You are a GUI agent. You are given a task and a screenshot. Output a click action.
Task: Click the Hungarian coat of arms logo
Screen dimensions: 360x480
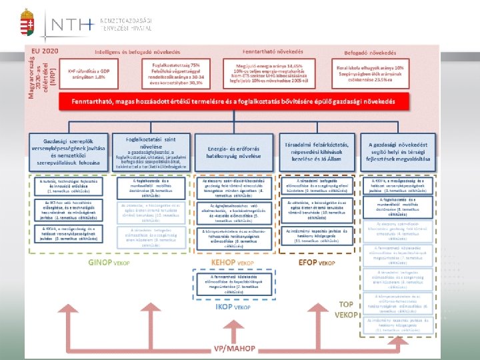27,25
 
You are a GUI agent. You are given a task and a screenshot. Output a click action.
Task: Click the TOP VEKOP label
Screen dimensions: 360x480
345,309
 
